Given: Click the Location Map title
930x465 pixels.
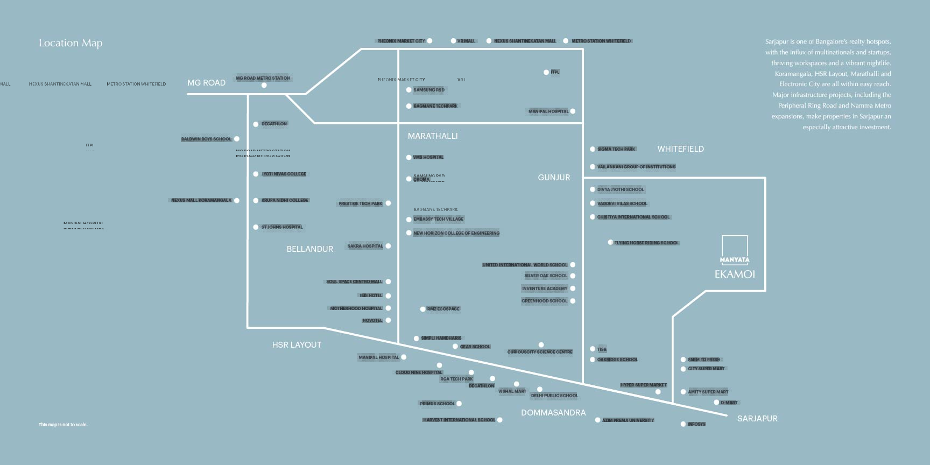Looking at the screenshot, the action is coord(71,43).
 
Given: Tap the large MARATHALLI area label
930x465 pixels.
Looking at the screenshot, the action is coord(433,136).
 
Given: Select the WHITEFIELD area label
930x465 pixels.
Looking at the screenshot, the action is coord(680,149).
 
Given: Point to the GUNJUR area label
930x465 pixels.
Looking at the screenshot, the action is coord(554,178).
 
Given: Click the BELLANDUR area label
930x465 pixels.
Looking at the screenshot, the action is coord(310,249).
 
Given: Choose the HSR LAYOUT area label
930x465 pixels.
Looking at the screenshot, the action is coord(297,345).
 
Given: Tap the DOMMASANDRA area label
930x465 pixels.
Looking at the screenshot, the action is coord(553,413).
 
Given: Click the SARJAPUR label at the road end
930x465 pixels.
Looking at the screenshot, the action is coord(757,419).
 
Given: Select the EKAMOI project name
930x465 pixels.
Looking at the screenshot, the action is coord(735,274).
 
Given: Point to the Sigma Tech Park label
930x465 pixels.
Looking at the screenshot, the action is coord(616,149).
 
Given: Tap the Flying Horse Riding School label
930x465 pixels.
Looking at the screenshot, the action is coord(646,243).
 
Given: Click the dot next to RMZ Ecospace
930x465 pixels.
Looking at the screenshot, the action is coord(422,309).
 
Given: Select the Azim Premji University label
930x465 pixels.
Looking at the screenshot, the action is coord(628,420).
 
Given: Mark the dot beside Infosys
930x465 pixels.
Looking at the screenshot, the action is coord(683,424).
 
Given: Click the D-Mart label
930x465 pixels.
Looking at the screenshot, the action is coord(729,403).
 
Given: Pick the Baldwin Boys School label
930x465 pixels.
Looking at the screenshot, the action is coord(206,139).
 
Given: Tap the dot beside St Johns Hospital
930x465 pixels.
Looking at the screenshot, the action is coord(256,227).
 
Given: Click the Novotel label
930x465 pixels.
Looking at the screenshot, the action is coord(372,321).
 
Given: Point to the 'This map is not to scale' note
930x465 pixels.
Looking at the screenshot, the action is coord(63,425).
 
